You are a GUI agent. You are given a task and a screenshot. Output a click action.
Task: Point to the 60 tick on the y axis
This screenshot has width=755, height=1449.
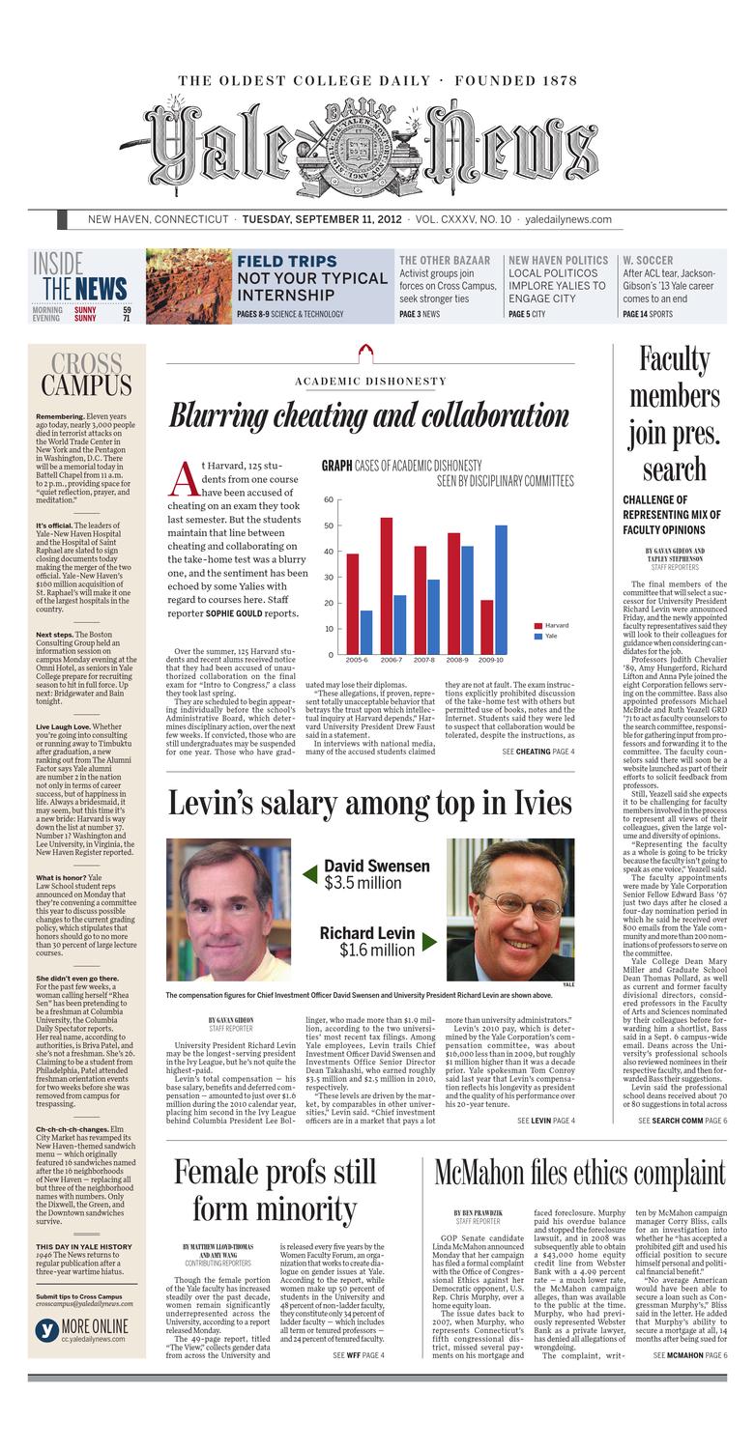click(x=329, y=499)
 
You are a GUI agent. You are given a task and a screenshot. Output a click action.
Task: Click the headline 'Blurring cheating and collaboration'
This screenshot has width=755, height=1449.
click(x=368, y=415)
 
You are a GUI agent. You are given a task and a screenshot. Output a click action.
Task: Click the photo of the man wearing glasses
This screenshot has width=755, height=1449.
click(x=509, y=908)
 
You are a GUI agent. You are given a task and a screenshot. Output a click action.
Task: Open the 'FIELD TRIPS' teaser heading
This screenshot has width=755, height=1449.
click(x=286, y=261)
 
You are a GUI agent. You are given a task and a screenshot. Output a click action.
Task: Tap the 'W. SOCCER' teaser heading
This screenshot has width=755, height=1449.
click(x=648, y=260)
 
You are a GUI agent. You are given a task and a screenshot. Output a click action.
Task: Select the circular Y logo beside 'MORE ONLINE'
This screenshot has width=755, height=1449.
click(x=46, y=1330)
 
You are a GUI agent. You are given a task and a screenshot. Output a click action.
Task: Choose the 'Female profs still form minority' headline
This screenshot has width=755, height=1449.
click(x=275, y=1190)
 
